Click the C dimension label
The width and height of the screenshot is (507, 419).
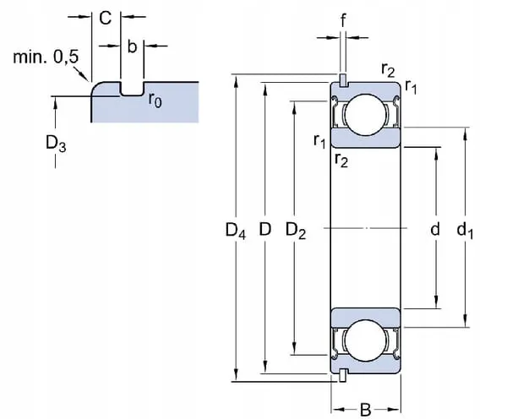pos(106,18)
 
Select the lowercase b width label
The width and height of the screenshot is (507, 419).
pos(132,46)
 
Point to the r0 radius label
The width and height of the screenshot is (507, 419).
pos(155,99)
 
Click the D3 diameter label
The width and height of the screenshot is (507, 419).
pos(57,144)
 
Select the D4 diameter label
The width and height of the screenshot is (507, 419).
pos(235,229)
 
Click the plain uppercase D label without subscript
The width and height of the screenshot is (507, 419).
pos(264,229)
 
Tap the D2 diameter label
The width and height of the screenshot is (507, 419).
pos(296,229)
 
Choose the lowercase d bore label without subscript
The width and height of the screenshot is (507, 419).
pos(435,229)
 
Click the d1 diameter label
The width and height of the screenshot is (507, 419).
pos(466,229)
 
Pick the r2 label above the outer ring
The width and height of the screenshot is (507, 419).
pos(388,71)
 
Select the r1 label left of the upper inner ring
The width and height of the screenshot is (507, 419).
pos(319,142)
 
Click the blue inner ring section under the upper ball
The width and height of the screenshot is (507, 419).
pos(365,139)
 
